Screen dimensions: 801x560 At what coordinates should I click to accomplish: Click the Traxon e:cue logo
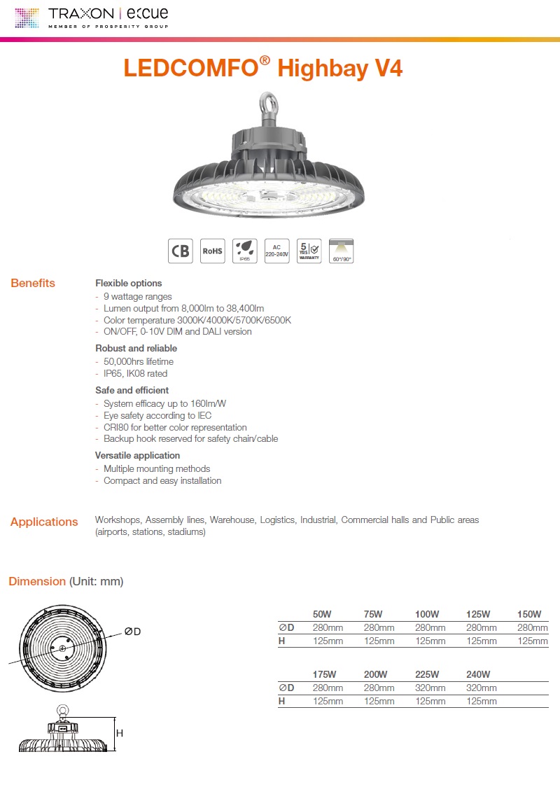click(91, 17)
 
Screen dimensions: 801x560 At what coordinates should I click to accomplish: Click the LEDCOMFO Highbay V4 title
click(263, 69)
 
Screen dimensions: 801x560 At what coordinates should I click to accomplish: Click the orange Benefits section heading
click(33, 284)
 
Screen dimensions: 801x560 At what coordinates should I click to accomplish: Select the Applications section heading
click(44, 522)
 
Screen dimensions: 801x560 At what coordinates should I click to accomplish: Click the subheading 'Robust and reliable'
click(136, 348)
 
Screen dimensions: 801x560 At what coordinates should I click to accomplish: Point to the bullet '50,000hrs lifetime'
click(138, 361)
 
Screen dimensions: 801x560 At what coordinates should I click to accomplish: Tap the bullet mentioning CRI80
click(175, 427)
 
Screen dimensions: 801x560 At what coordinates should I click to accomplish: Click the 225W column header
click(427, 674)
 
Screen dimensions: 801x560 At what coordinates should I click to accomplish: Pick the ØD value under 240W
click(481, 688)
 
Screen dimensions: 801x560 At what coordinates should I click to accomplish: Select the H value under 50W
click(328, 641)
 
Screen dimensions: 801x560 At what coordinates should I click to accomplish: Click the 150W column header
click(529, 614)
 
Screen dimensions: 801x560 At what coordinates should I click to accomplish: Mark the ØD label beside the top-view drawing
click(133, 632)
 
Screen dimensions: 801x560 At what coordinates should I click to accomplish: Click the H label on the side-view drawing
click(120, 733)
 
